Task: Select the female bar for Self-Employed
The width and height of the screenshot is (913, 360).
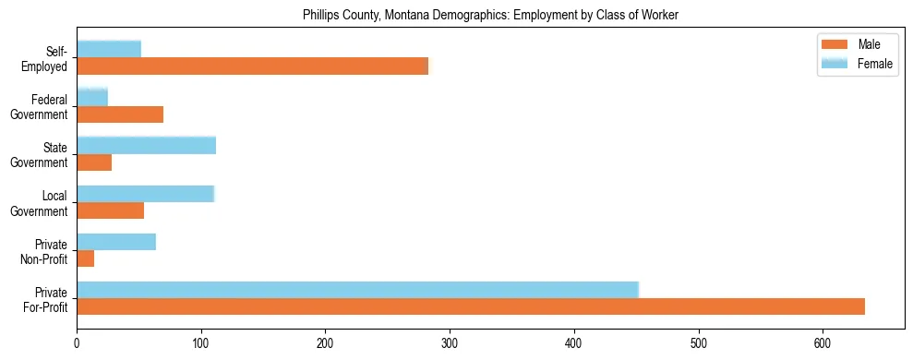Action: point(109,49)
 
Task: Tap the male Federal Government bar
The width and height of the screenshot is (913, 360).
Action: point(120,114)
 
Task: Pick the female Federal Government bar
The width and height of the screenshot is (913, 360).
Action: point(92,97)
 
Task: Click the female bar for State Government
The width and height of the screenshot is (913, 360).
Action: point(146,145)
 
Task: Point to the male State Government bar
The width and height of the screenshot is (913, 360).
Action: point(94,162)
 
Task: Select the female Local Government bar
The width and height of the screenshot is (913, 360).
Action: point(145,194)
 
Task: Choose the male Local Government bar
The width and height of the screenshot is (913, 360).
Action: point(110,210)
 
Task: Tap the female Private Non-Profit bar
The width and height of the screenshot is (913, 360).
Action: point(116,242)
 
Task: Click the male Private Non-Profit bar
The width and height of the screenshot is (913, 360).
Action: point(86,259)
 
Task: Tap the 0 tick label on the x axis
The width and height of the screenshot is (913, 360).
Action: point(77,341)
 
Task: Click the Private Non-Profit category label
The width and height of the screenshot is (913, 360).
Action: point(47,251)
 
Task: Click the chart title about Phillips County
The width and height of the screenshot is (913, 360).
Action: point(490,15)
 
